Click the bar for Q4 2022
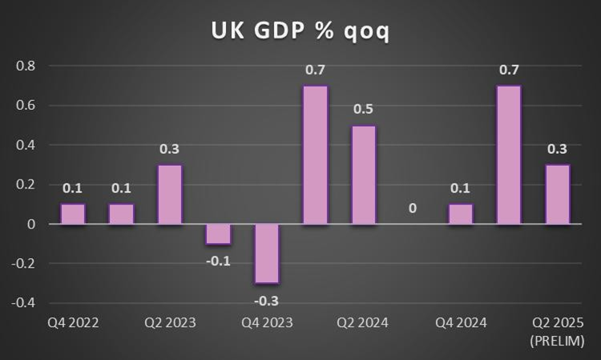[x=73, y=213]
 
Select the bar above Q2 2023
[x=170, y=194]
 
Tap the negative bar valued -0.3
[x=267, y=253]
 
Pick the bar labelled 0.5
[x=364, y=175]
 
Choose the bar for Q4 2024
[x=461, y=213]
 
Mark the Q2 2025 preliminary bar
[x=558, y=194]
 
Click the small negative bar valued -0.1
[x=218, y=233]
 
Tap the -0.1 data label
[x=218, y=261]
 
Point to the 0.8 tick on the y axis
[x=26, y=66]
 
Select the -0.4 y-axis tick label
[x=24, y=302]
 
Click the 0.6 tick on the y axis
[x=26, y=105]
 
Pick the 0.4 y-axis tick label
[x=26, y=144]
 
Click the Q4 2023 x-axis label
[x=267, y=323]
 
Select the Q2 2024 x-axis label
[x=363, y=323]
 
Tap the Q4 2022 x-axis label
[x=73, y=323]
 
